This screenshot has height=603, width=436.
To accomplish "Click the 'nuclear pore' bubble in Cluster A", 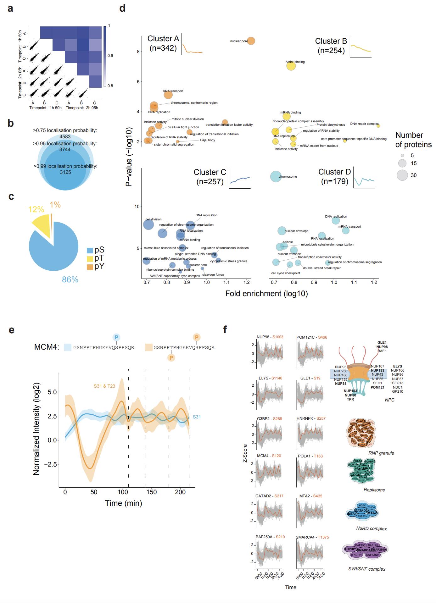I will tap(251, 41).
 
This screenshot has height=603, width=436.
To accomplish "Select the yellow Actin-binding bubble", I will tap(291, 66).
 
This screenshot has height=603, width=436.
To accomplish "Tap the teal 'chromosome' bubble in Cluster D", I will tap(276, 176).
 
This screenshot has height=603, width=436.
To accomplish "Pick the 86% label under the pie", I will tap(70, 279).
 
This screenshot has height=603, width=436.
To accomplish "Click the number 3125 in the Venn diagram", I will tap(65, 172).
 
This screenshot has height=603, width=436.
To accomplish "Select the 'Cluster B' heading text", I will tap(331, 41).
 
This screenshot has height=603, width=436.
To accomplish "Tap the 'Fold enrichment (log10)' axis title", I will tap(266, 294).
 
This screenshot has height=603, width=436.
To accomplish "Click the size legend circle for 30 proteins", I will tap(402, 175).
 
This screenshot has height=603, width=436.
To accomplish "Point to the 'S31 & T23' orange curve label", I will tap(104, 386).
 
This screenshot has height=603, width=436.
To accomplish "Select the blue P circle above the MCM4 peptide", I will tap(116, 337).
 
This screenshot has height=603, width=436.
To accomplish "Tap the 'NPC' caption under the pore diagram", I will tap(389, 400).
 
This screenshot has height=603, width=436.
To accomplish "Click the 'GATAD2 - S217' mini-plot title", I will tap(269, 496).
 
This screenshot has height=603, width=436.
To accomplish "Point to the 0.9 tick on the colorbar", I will tap(110, 56).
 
